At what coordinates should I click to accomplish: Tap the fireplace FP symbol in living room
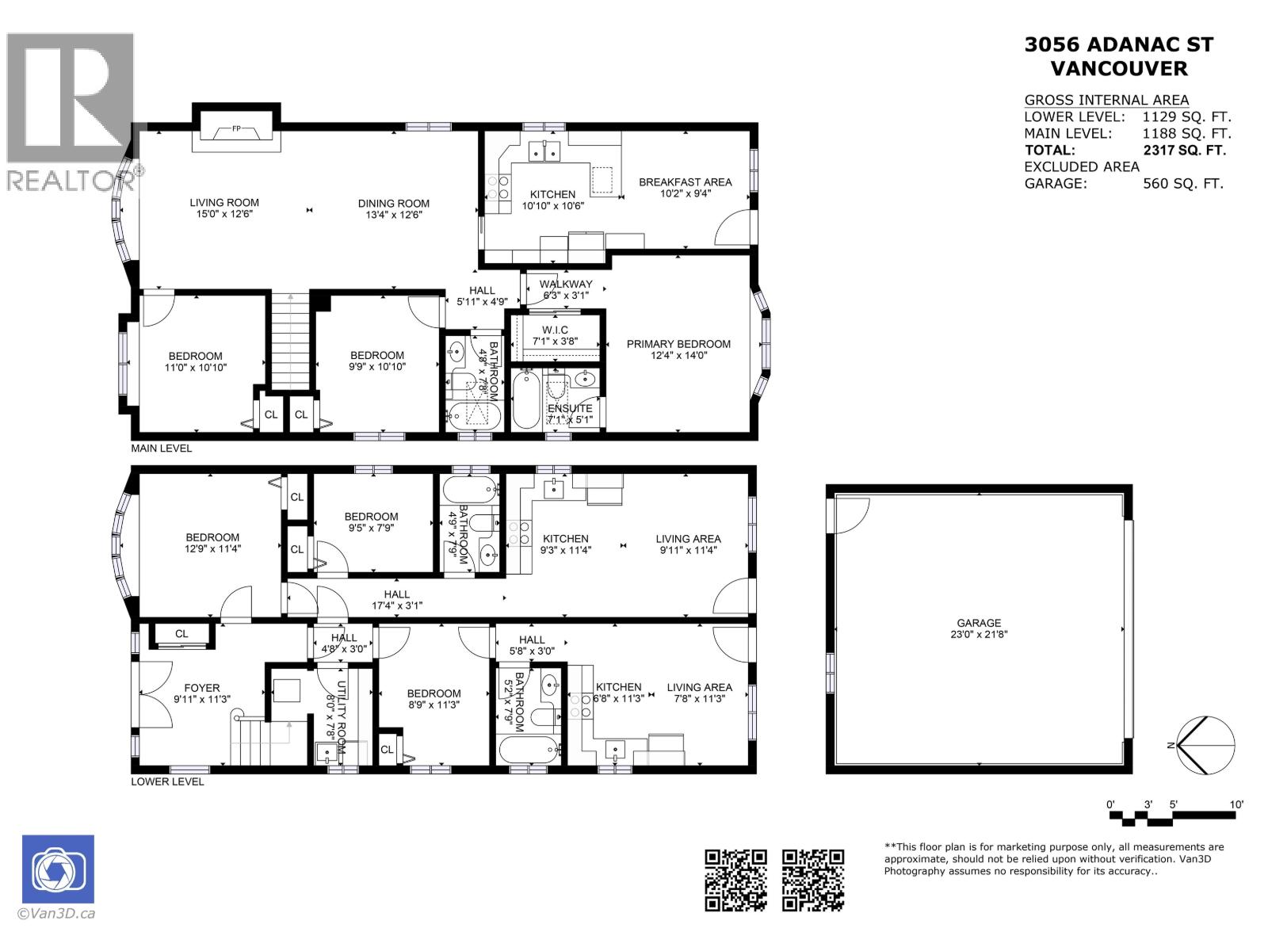pos(236,129)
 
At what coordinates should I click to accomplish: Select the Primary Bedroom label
pos(678,344)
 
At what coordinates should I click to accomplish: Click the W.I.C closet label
pos(555,330)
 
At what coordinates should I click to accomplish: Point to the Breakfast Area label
pos(686,182)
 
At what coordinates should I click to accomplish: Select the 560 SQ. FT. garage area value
pos(1182,184)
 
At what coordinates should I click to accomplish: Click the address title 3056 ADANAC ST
pos(1118,45)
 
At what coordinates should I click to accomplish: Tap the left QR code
pos(736,880)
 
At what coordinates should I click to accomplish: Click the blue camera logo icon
pos(58,869)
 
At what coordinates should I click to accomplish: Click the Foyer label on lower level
pos(202,688)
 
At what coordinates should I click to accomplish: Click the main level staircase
pos(289,341)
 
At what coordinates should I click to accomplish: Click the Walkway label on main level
pos(566,285)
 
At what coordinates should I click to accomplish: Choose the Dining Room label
pos(393,204)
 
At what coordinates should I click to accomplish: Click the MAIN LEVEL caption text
pos(162,449)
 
